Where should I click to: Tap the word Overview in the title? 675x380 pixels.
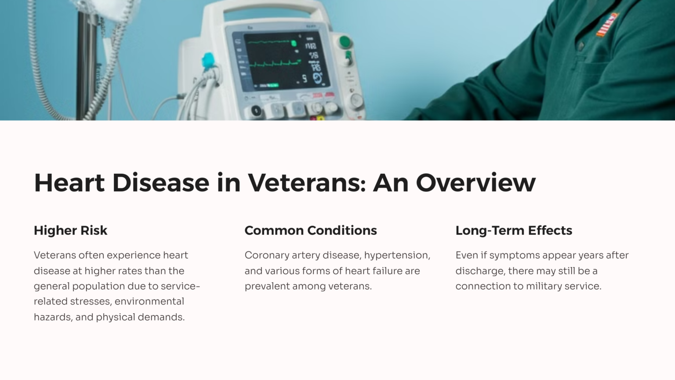(x=476, y=183)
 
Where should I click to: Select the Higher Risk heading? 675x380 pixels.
(x=70, y=230)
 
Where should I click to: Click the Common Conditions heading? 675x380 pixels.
(x=310, y=230)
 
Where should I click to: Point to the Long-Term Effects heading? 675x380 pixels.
(x=513, y=230)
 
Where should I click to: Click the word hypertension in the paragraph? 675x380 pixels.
(x=397, y=255)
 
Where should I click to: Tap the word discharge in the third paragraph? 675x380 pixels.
(x=480, y=271)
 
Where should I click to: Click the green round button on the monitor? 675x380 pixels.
(x=345, y=42)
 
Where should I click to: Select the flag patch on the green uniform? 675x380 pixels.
(x=607, y=24)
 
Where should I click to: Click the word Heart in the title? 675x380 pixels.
(x=69, y=183)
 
